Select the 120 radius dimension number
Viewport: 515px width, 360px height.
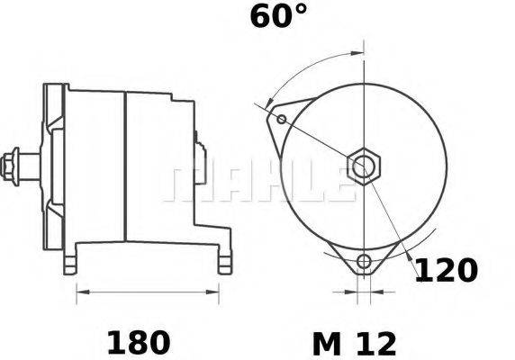pyautogui.click(x=445, y=270)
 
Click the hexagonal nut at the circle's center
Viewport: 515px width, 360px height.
pyautogui.click(x=364, y=166)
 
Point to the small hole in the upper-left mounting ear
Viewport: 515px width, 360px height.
pyautogui.click(x=282, y=119)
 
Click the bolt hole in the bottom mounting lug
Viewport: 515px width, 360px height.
pyautogui.click(x=363, y=262)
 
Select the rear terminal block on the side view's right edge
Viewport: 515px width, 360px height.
pyautogui.click(x=196, y=144)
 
